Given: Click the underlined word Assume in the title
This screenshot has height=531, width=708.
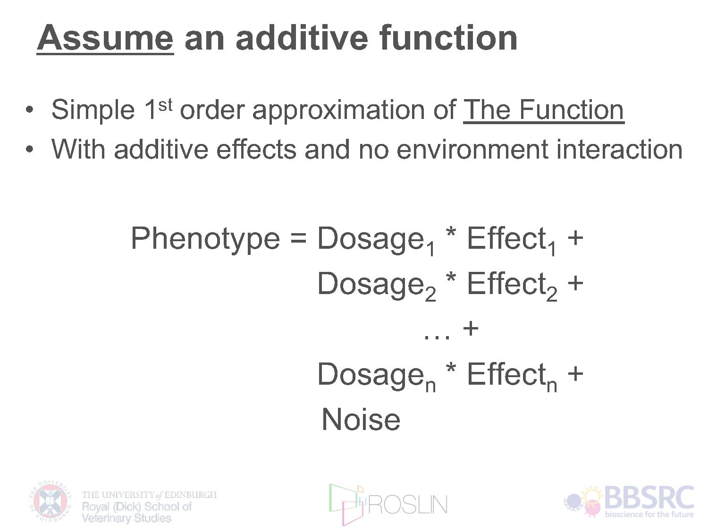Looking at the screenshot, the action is tap(105, 38).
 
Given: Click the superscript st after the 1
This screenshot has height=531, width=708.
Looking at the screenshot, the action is tap(165, 105).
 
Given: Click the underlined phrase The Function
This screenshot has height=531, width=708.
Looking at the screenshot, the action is tap(543, 110).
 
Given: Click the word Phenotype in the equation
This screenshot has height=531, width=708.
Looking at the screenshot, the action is tap(205, 240).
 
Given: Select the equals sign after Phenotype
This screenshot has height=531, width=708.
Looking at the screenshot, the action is tap(298, 239).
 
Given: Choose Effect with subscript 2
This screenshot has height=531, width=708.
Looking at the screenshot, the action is tap(512, 286).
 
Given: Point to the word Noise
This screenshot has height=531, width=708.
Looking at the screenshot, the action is tap(361, 420).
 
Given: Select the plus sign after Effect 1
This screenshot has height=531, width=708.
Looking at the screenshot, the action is tap(575, 238).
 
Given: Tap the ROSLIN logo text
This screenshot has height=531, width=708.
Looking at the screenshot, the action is tap(407, 505).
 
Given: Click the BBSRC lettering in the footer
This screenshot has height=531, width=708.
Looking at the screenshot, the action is tap(649, 498).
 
